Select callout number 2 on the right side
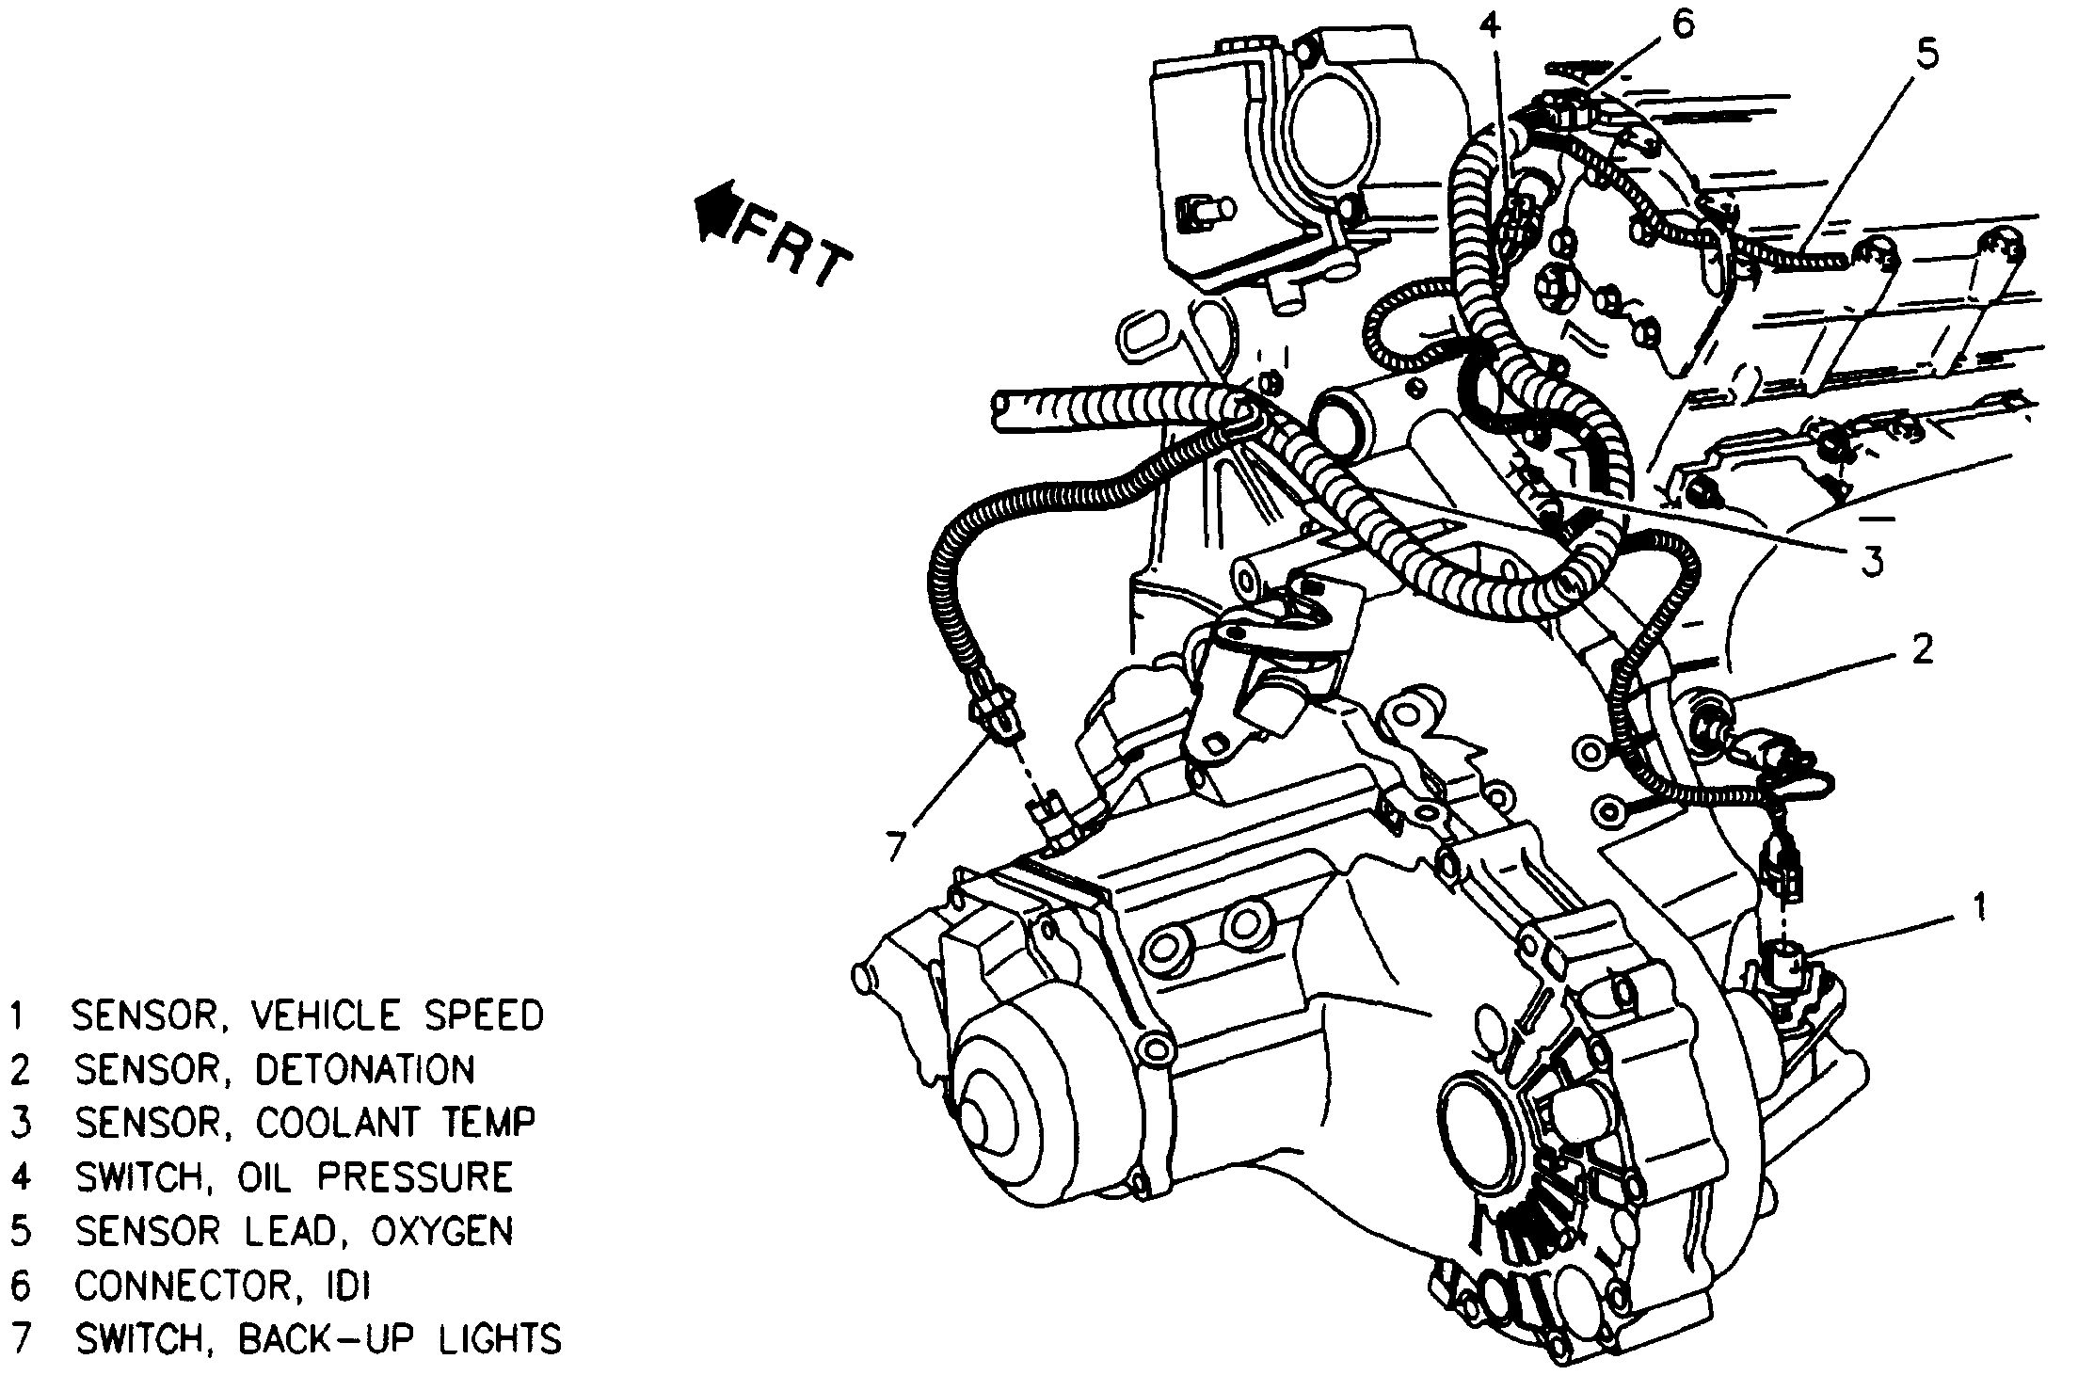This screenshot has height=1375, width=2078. (x=1920, y=649)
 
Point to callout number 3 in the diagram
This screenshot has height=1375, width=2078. (x=1870, y=561)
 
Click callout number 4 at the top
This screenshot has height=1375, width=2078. (x=1490, y=25)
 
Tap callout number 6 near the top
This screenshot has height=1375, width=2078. (x=1682, y=25)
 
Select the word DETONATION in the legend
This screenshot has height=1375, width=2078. (x=365, y=1070)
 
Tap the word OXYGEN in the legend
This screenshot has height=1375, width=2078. (x=442, y=1231)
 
